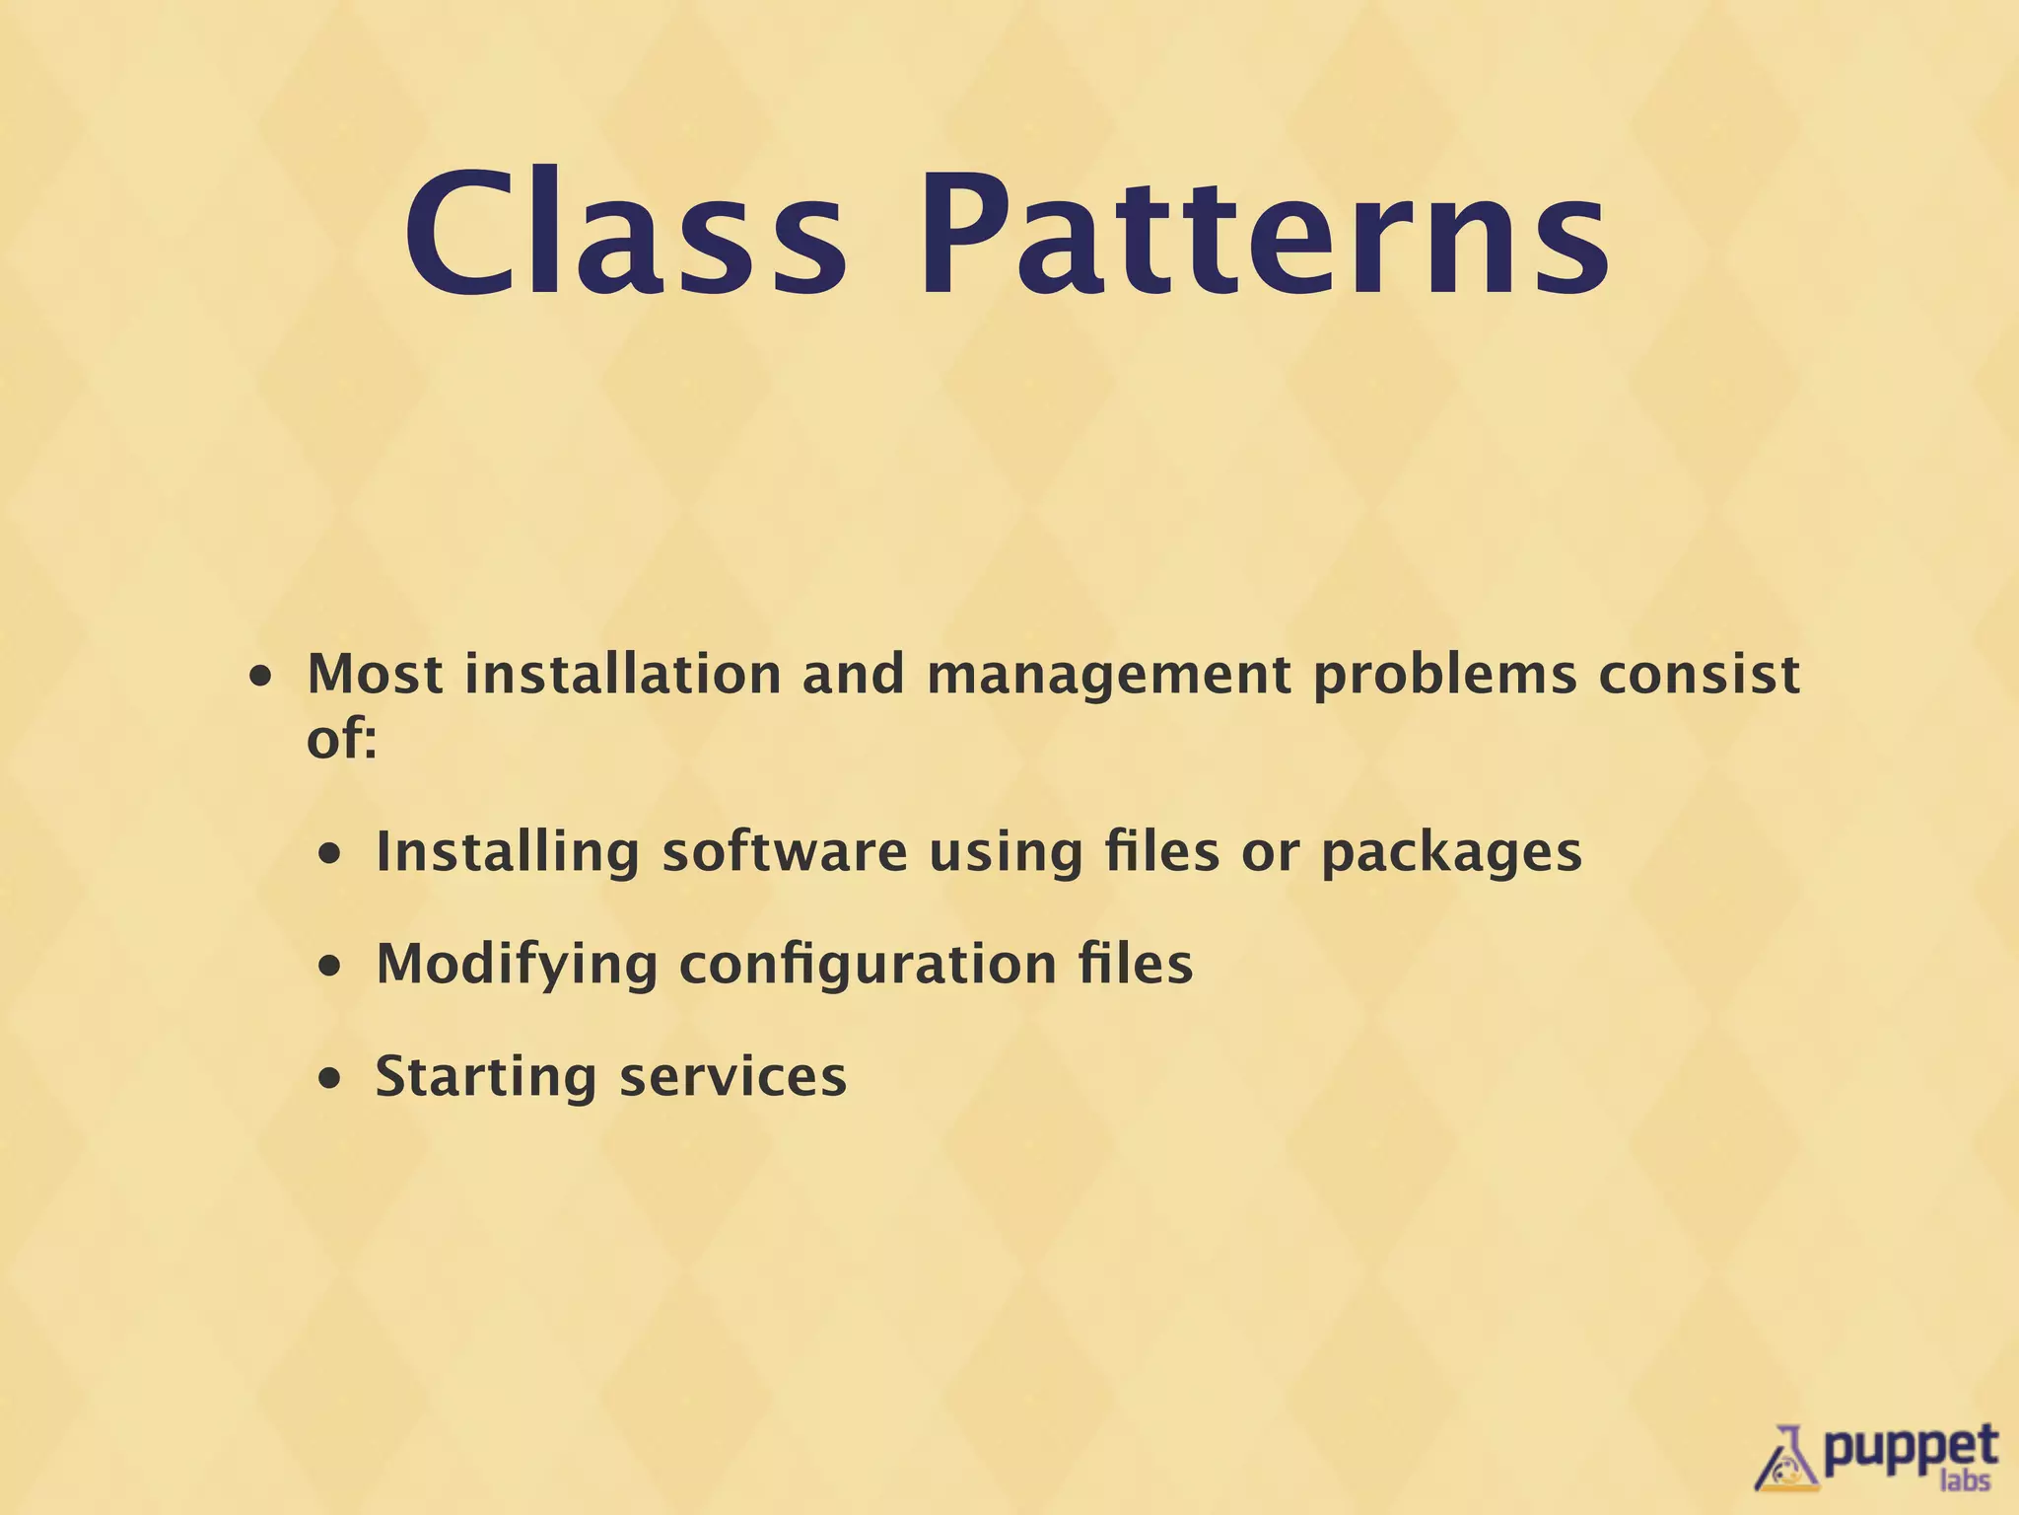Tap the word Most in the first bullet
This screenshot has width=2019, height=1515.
375,675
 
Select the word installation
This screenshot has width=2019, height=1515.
623,675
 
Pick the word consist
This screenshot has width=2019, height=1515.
1700,675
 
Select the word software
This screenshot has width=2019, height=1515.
784,852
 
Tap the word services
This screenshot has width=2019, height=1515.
732,1077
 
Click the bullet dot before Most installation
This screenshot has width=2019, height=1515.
261,679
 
